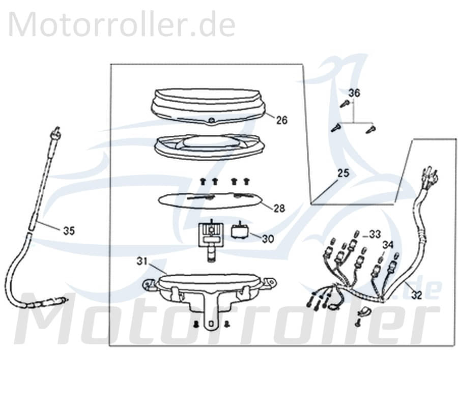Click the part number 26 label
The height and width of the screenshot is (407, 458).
[x=281, y=120]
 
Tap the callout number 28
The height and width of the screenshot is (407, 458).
[x=279, y=208]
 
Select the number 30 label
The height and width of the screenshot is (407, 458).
[x=268, y=238]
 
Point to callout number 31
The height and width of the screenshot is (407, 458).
[x=142, y=261]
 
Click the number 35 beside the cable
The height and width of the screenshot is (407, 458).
[x=69, y=230]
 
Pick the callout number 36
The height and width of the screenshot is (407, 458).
[x=354, y=93]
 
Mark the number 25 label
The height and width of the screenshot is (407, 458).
[x=343, y=173]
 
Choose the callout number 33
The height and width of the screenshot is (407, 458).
[x=375, y=234]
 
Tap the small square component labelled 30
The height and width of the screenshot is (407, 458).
[x=239, y=232]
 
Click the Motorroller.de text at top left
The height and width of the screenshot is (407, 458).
[x=122, y=24]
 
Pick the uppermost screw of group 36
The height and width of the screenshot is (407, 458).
[x=344, y=104]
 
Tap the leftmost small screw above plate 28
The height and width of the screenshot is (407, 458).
[x=203, y=181]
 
